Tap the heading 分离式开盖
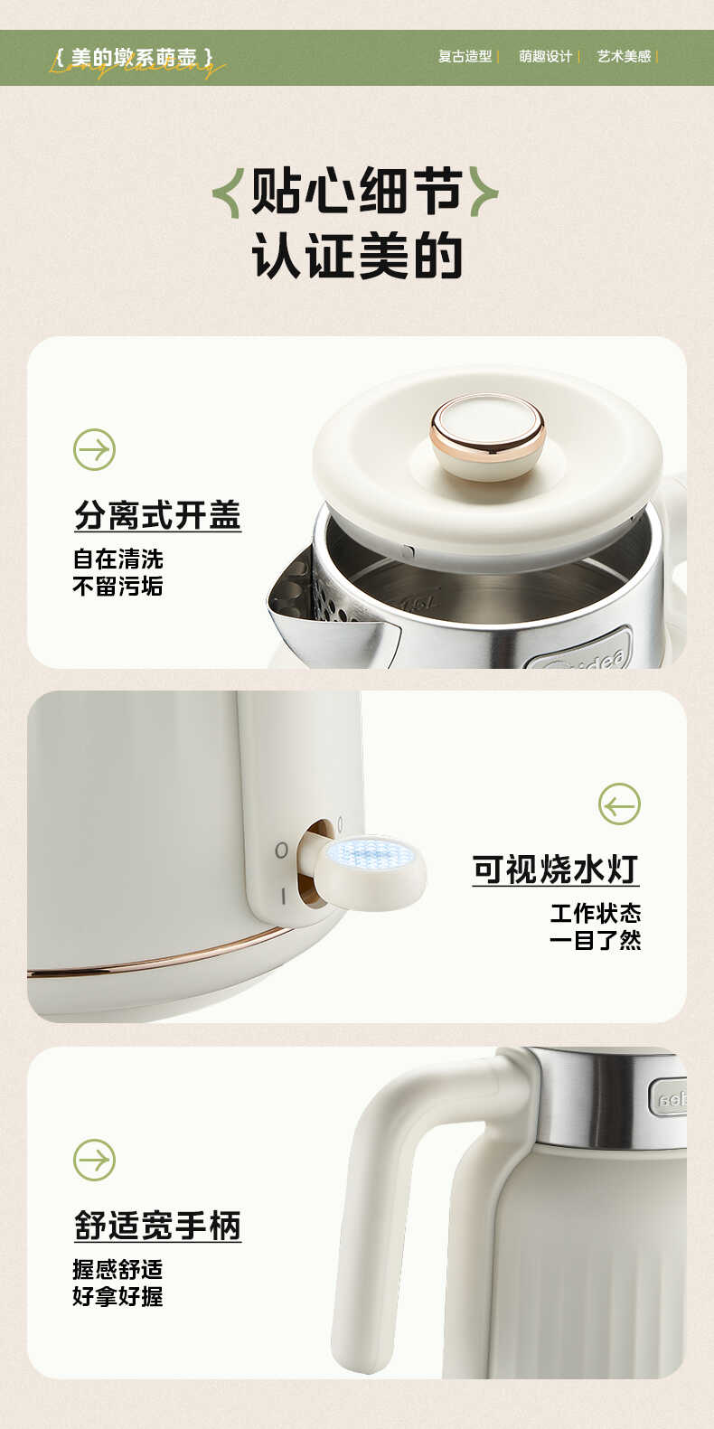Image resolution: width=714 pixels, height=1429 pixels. point(157,515)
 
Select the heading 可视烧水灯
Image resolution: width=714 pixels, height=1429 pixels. point(555,870)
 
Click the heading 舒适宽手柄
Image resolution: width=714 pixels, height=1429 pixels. point(157,1226)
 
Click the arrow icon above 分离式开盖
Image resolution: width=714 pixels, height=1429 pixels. point(94,449)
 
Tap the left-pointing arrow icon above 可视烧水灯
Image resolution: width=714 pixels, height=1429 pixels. point(619,804)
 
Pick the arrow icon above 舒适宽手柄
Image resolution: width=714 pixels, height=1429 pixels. point(94,1160)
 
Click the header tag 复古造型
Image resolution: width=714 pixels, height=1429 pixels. point(465,56)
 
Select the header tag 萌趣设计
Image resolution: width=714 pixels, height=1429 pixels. point(545,56)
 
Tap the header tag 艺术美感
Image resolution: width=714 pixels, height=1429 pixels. point(624,56)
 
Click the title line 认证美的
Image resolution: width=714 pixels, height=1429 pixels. point(356,256)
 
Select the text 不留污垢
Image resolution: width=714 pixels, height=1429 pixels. point(117,587)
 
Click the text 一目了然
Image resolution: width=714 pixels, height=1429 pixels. point(595,941)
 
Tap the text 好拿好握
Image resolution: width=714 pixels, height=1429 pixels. point(117,1296)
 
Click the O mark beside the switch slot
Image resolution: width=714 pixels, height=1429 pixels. point(281,851)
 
